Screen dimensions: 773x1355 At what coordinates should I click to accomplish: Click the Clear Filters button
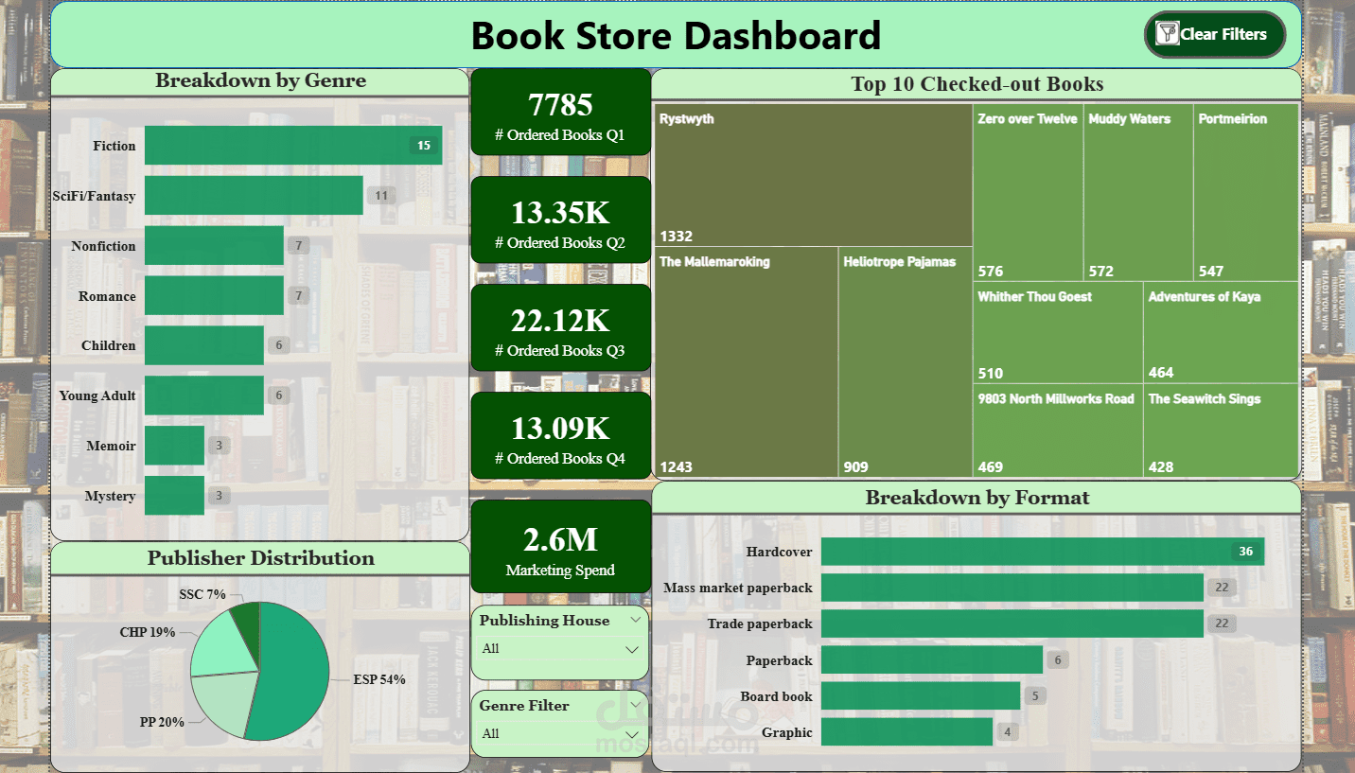[1214, 35]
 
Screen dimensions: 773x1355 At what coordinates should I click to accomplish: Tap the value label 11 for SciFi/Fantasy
[381, 196]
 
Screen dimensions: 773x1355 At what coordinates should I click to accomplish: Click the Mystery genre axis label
[110, 496]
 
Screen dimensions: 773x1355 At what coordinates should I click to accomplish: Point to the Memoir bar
[174, 446]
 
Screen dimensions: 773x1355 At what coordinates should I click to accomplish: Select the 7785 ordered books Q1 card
[560, 113]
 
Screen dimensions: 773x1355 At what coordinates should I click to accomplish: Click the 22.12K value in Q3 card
[560, 321]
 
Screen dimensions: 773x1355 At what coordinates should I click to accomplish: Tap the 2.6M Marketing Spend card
[560, 548]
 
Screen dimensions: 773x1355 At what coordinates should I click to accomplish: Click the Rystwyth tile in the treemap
[813, 175]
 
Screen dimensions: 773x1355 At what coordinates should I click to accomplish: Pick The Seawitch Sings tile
[1220, 430]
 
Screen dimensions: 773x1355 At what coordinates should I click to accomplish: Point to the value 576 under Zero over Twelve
[990, 272]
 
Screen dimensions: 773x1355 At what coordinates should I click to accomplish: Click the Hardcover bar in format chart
[1041, 552]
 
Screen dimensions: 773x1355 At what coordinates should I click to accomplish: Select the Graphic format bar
[906, 732]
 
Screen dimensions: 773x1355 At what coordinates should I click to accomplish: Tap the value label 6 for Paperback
[1058, 660]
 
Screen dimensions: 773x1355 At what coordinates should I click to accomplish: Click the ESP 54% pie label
[379, 679]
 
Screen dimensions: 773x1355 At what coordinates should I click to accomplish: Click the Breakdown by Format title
[977, 498]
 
